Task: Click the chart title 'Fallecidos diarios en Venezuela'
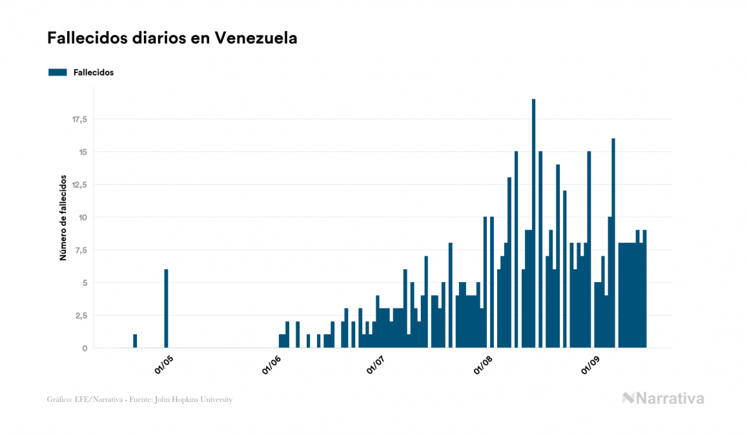coord(172,38)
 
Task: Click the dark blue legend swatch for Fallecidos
coord(57,72)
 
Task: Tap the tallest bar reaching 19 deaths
coord(533,223)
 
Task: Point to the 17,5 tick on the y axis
coord(79,119)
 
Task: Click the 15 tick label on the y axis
coord(83,152)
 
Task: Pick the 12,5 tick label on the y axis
coord(79,185)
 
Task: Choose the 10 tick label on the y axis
coord(83,217)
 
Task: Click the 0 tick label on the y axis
coord(85,349)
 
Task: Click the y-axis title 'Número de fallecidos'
coord(63,217)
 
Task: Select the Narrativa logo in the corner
coord(663,398)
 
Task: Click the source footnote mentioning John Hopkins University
coord(139,400)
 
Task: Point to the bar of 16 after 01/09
coord(613,243)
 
